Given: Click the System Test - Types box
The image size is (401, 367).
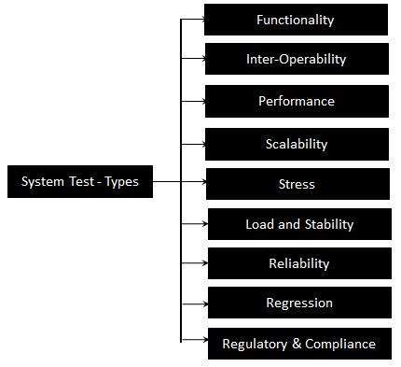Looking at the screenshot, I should [79, 181].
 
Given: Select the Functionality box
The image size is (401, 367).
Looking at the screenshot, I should [296, 20].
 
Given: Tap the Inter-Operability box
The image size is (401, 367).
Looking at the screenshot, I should [296, 59].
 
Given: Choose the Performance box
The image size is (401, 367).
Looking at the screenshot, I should [296, 101].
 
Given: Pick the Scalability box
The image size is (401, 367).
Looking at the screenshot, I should [296, 144].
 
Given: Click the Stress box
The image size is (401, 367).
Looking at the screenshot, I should [296, 184].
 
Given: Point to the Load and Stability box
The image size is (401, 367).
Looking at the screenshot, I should [298, 224].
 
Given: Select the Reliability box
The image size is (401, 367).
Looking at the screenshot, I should [298, 263].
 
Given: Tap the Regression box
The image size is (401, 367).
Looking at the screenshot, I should [298, 303].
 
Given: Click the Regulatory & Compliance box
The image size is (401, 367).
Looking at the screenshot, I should [298, 344].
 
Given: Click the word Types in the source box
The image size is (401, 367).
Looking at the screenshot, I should [120, 182].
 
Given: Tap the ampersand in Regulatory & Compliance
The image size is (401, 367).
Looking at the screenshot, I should [284, 344].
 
